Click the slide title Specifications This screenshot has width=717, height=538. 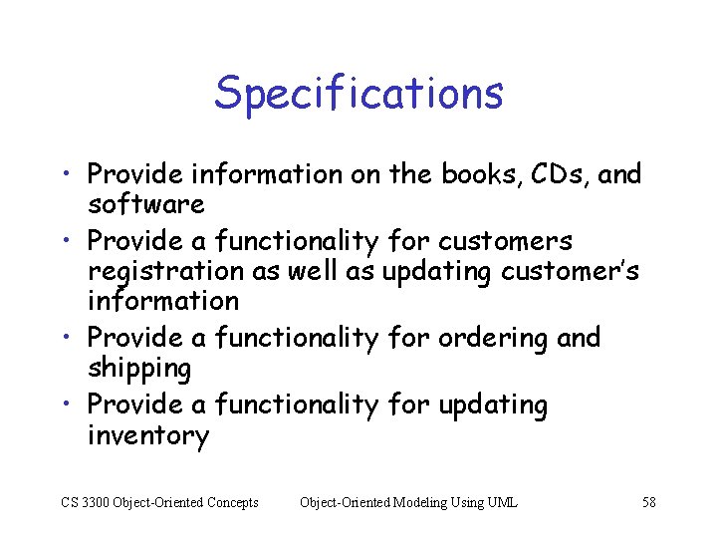click(358, 93)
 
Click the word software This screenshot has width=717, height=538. click(145, 204)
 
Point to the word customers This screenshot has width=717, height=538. click(505, 240)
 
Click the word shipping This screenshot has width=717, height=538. click(138, 369)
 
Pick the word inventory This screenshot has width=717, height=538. click(148, 435)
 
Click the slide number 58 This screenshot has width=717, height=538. click(648, 502)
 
